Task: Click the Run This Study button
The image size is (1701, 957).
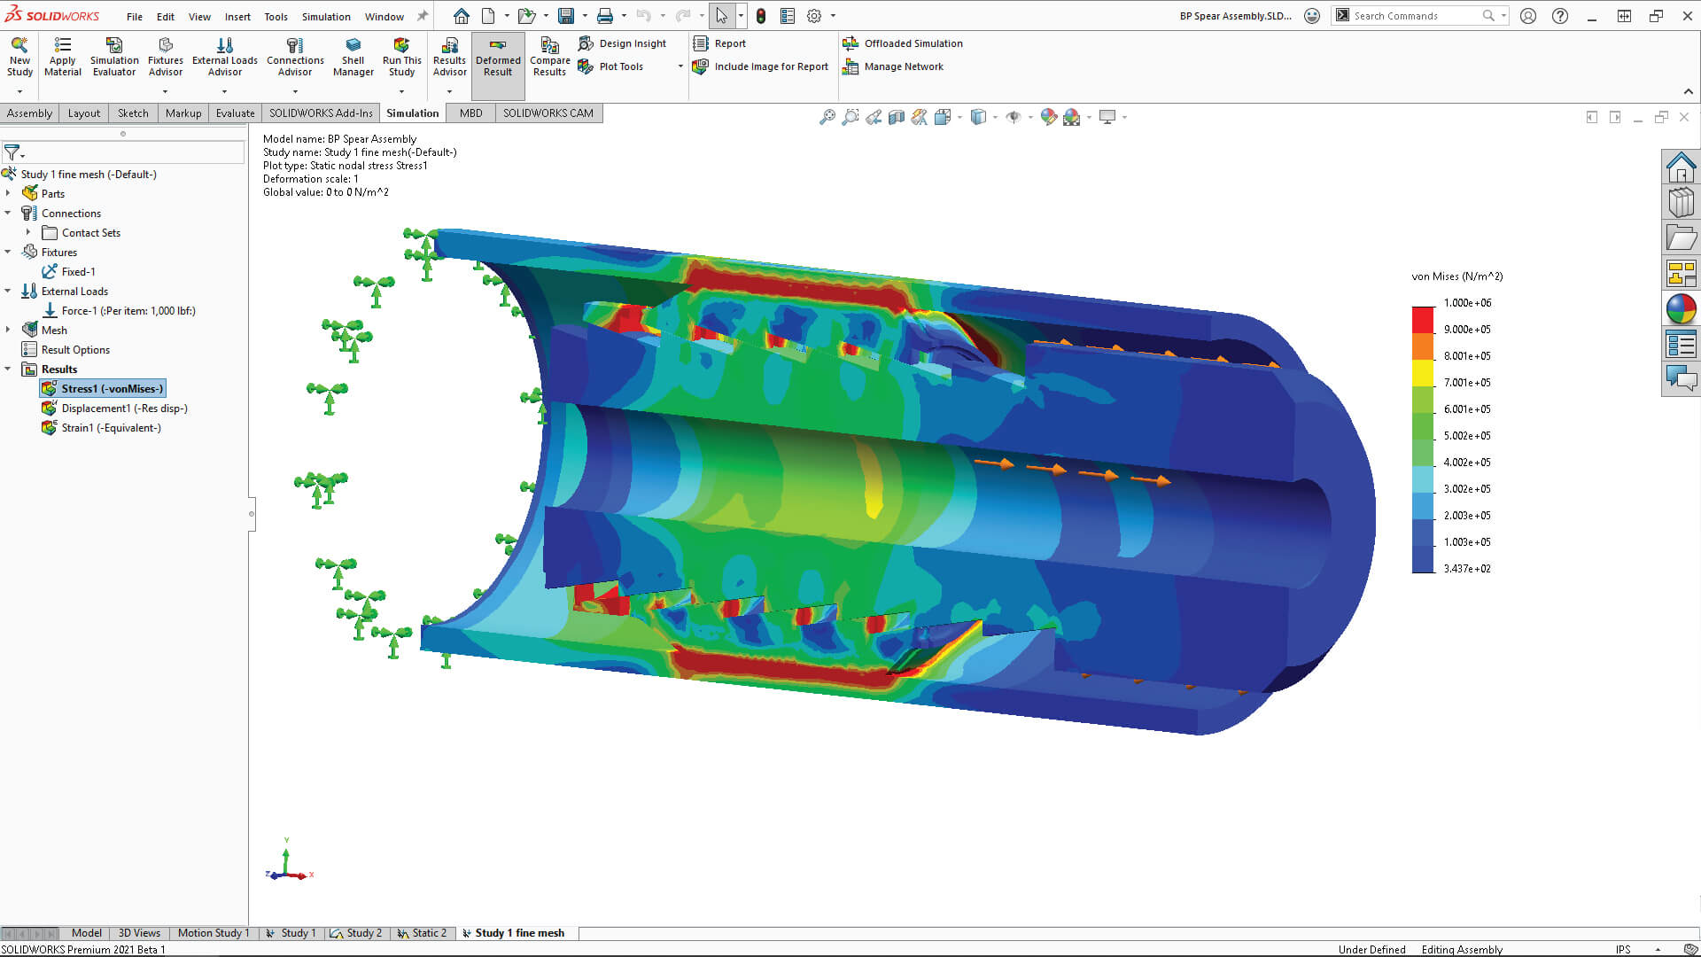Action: (x=401, y=57)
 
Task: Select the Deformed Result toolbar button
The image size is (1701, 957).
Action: (x=498, y=57)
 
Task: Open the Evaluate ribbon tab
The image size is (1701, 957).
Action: (x=235, y=113)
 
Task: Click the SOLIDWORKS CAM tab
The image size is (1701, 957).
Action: (x=548, y=113)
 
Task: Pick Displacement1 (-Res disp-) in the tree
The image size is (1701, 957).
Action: (x=124, y=408)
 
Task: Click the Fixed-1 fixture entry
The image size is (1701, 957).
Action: (x=78, y=272)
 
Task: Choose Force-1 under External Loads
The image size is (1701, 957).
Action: (x=128, y=311)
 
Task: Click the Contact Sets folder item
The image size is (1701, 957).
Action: (x=90, y=233)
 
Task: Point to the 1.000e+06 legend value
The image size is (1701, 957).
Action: (x=1467, y=303)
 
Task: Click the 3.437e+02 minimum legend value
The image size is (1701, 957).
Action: (x=1467, y=569)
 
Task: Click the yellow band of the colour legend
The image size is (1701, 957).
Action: (x=1423, y=373)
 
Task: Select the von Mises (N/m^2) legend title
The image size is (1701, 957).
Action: (x=1456, y=276)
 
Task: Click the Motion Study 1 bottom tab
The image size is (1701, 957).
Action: (x=213, y=933)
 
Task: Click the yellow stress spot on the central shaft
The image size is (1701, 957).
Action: (x=874, y=496)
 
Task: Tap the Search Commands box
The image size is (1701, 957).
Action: (x=1414, y=16)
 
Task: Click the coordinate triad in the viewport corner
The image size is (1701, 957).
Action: (x=287, y=866)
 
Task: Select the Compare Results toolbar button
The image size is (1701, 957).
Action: (x=549, y=57)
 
